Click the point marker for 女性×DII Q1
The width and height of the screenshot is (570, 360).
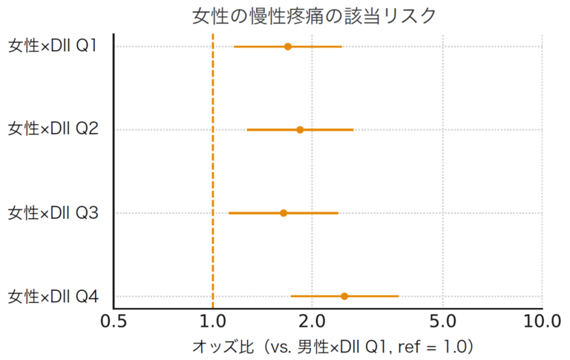(x=288, y=47)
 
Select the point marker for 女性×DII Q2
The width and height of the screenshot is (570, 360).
(x=300, y=130)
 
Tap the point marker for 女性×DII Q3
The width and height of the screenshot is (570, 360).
(x=284, y=213)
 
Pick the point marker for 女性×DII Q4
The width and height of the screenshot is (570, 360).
(x=344, y=296)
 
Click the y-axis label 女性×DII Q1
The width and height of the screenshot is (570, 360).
(x=53, y=47)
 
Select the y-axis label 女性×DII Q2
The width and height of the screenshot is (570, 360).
(x=53, y=130)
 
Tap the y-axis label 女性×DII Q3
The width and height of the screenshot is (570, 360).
(x=53, y=213)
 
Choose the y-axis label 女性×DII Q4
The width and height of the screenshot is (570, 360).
(x=53, y=297)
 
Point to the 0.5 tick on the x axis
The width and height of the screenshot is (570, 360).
(x=114, y=321)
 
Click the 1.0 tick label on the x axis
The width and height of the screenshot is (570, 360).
(x=213, y=321)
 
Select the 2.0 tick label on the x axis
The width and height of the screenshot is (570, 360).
(x=312, y=321)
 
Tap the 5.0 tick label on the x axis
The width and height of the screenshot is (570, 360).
(x=443, y=321)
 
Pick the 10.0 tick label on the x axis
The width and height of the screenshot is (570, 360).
(x=543, y=321)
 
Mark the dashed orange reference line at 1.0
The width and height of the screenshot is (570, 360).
(x=213, y=171)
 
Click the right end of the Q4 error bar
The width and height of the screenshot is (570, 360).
(x=399, y=296)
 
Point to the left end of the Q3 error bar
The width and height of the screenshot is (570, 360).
(x=229, y=213)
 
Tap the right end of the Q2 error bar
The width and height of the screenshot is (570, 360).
(x=353, y=130)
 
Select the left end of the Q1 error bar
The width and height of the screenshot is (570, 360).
(x=235, y=47)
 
